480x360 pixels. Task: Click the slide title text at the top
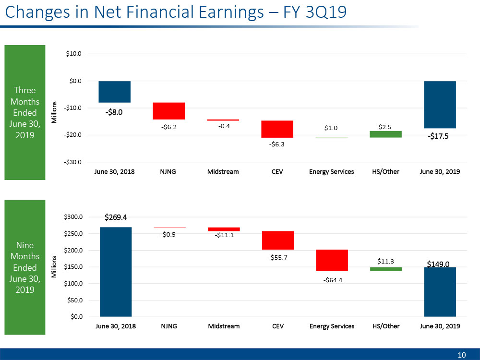pos(175,12)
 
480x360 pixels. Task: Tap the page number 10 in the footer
pos(462,355)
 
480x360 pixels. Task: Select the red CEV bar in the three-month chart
pos(277,129)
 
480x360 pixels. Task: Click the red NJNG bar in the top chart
pos(169,111)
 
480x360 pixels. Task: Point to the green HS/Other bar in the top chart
pos(386,134)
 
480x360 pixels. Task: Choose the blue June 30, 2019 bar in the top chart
pos(440,105)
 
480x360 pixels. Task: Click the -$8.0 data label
pos(114,113)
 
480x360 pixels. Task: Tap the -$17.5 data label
pos(440,137)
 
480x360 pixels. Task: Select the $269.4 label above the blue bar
pos(116,217)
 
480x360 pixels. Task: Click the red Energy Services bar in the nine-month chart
pos(332,261)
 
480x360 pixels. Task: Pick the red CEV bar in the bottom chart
pos(277,240)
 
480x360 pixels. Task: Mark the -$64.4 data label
pos(333,280)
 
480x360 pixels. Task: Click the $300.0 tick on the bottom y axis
pos(73,217)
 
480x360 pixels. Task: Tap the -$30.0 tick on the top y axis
pos(73,162)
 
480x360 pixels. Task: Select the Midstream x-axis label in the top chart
pos(223,172)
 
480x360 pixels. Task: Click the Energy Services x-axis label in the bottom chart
pos(332,326)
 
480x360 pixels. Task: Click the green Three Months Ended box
pos(25,113)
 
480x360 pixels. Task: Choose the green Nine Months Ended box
pos(25,267)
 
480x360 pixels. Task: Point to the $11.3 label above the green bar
pos(385,261)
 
